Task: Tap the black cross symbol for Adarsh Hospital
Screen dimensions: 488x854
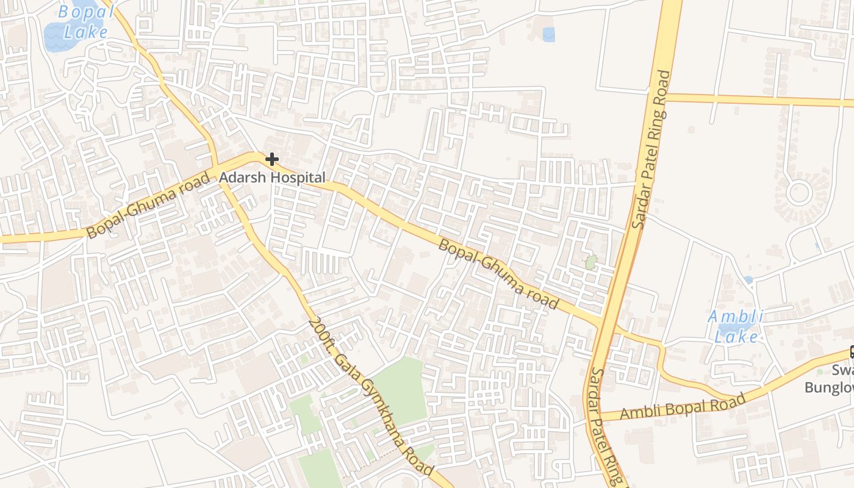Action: pos(272,160)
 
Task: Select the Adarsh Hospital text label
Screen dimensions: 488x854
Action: pos(272,178)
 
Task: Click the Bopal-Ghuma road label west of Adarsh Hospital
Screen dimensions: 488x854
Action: pos(148,204)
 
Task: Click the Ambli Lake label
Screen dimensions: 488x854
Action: pos(736,326)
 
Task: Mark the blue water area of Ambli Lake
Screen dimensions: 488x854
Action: pos(728,334)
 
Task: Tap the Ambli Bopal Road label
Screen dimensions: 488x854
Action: pos(683,407)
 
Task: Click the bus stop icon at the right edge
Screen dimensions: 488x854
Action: pos(852,352)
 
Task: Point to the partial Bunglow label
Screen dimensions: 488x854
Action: pos(829,387)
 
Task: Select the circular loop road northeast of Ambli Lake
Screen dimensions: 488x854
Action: pos(798,192)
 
